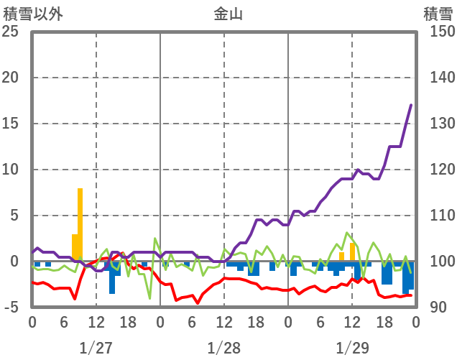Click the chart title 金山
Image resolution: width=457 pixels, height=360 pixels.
(228, 13)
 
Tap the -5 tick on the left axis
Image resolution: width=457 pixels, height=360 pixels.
(10, 308)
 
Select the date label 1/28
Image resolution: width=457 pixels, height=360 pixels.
(223, 348)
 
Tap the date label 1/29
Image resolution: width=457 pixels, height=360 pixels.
(351, 348)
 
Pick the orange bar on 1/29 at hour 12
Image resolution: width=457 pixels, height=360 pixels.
(352, 252)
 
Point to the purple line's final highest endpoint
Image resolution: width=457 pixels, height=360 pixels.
(411, 105)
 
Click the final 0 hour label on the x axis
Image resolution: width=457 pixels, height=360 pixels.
(415, 323)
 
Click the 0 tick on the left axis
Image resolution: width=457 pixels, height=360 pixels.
(14, 262)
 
